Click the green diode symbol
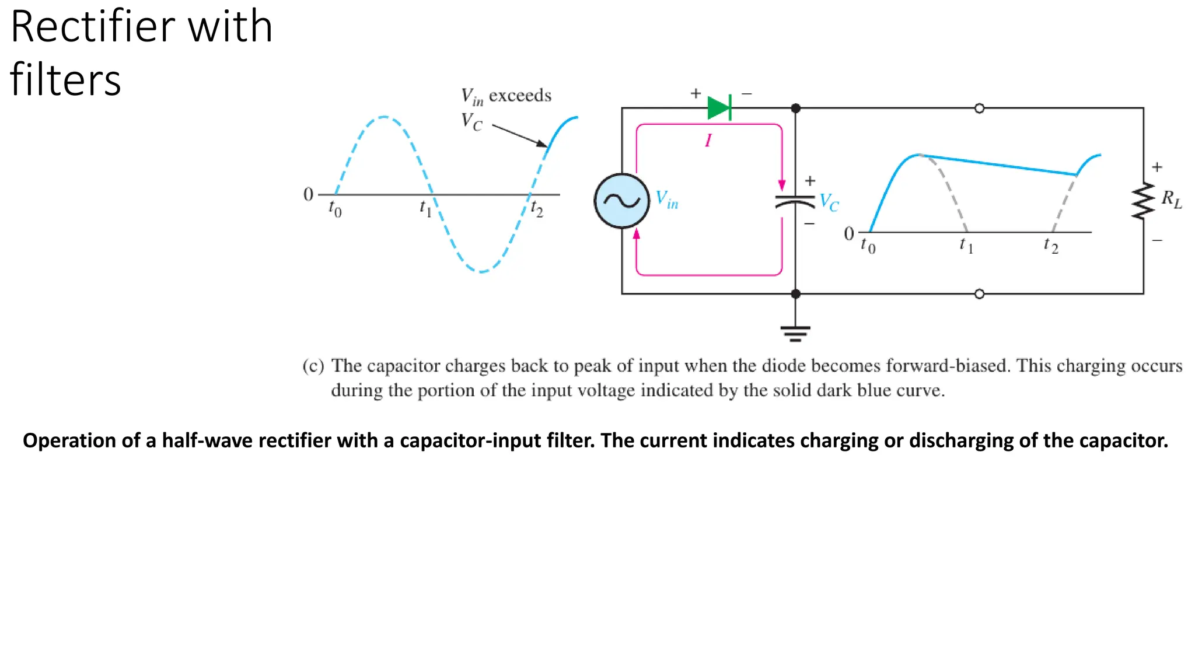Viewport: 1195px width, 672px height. tap(719, 108)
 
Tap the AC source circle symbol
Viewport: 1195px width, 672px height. tap(622, 201)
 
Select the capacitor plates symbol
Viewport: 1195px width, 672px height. tap(795, 202)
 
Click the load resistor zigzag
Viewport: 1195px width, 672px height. tap(1143, 201)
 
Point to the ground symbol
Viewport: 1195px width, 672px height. tap(795, 334)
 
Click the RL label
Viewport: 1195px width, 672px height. tap(1171, 199)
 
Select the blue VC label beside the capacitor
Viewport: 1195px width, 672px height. tap(829, 202)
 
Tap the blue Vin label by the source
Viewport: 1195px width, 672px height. tap(666, 199)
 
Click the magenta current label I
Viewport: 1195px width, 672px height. tap(708, 141)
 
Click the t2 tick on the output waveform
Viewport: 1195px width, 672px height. tap(1051, 245)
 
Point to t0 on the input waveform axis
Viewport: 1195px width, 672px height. tap(335, 208)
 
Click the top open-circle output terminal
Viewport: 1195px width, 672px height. tap(980, 108)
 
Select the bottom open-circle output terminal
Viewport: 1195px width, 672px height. tap(980, 294)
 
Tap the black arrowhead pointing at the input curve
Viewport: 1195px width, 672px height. tap(542, 143)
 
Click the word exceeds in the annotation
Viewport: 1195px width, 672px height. tap(520, 95)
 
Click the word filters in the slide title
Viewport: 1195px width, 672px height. tap(65, 79)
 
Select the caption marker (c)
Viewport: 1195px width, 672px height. tap(313, 366)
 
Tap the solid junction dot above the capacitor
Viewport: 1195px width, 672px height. tap(795, 108)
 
